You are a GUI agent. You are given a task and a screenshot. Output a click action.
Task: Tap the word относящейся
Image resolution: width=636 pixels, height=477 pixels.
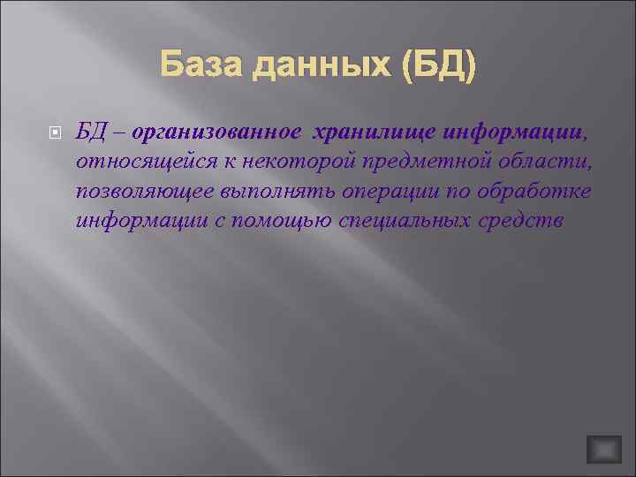point(136,163)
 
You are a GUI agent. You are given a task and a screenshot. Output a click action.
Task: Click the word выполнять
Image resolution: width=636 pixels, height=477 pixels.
point(271,192)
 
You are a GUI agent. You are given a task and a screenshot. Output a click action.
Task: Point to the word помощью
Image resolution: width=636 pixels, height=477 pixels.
point(287,221)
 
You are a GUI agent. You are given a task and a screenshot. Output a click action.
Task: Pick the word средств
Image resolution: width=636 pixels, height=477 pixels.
point(529,221)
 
